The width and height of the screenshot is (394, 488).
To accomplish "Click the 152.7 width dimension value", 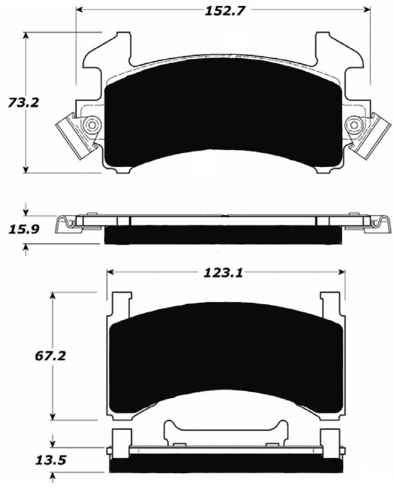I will pos(225,11).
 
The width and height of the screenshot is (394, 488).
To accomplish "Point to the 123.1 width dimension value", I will pos(223,274).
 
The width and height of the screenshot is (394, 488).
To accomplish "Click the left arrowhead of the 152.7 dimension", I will pos(79,9).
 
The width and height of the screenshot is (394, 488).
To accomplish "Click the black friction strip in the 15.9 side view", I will pos(222,235).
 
